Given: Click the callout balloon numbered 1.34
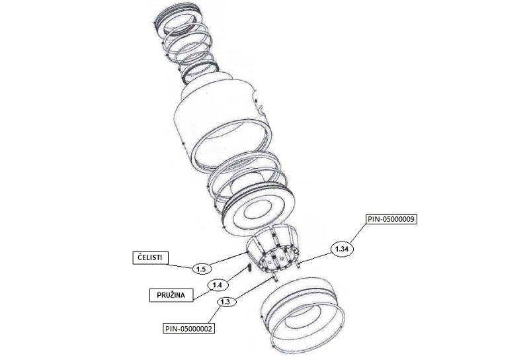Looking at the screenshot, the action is click(342, 249).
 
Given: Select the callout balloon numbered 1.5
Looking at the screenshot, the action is click(202, 269).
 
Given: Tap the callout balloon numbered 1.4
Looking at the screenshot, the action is click(218, 285).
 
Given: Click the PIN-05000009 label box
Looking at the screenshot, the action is click(391, 219).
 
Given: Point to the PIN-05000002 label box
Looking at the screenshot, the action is click(189, 328).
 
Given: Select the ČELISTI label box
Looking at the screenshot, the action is click(150, 257).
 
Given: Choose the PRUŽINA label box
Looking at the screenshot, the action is click(171, 295).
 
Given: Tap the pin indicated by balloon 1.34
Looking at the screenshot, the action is click(298, 265).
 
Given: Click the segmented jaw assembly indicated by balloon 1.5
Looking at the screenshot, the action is click(272, 248).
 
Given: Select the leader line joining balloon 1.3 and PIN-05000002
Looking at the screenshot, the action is click(214, 316).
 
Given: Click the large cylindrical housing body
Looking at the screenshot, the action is click(223, 122).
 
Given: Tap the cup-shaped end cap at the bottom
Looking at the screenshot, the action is click(303, 314).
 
